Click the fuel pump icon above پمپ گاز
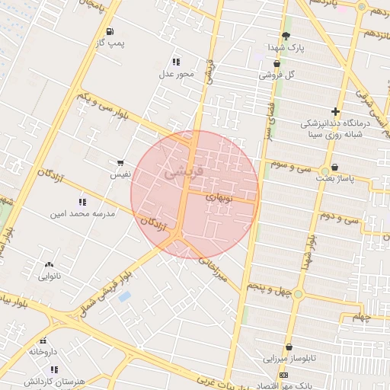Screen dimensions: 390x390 tap(111, 32)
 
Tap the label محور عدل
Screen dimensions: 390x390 tap(177, 74)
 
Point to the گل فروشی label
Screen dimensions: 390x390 tap(276, 75)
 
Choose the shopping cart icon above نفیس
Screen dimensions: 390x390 tap(120, 163)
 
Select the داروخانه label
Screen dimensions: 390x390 tap(43, 352)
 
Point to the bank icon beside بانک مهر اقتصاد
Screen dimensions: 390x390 tap(284, 376)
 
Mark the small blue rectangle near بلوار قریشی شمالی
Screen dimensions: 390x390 tap(124, 296)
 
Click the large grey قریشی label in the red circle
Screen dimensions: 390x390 tap(184, 174)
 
